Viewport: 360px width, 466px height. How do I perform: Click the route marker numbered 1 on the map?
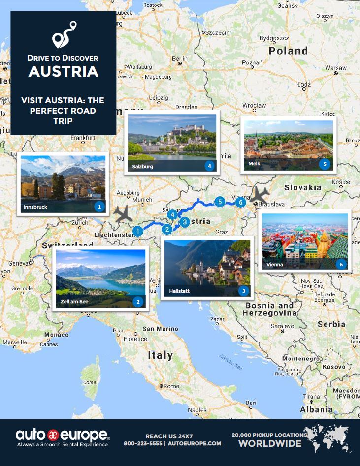[x=138, y=230]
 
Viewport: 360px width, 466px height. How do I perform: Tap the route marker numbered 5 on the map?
[x=220, y=201]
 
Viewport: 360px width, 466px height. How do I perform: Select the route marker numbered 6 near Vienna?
[x=240, y=202]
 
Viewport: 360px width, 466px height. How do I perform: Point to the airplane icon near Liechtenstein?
[x=123, y=214]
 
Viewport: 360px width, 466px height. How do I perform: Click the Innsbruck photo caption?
[x=35, y=207]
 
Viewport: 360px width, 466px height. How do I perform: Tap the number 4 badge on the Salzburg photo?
[x=210, y=166]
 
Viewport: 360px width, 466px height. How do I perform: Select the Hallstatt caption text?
[x=179, y=291]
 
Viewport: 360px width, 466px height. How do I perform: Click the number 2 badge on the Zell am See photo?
[x=138, y=302]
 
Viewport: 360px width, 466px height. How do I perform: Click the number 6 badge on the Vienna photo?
[x=341, y=264]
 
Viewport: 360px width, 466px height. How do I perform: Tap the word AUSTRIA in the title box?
[x=63, y=71]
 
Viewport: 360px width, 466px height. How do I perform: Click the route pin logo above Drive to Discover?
[x=64, y=34]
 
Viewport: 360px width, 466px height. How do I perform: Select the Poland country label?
[x=288, y=51]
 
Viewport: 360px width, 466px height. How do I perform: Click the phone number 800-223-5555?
[x=143, y=443]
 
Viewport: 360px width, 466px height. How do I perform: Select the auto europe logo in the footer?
[x=63, y=435]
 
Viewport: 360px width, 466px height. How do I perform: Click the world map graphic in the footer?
[x=327, y=437]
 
